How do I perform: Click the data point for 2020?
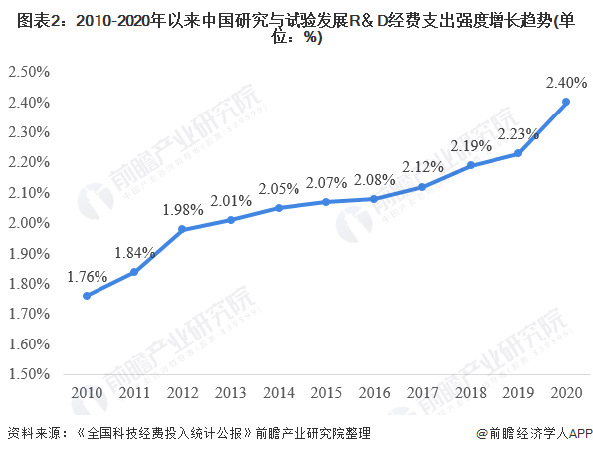pos(566,102)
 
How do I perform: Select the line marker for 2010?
pos(87,296)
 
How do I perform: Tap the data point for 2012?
pos(182,229)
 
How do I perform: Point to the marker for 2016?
pos(374,199)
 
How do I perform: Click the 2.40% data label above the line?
pos(566,82)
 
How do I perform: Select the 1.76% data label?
pos(87,277)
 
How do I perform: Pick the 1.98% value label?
pos(183,210)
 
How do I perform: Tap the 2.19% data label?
pos(471,146)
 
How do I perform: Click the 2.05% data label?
pos(279,189)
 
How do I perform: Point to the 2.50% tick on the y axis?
pos(29,72)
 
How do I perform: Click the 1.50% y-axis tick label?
pos(29,374)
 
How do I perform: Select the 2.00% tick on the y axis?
pos(29,223)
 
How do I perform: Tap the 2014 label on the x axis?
pos(279,393)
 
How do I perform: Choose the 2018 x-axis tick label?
pos(470,393)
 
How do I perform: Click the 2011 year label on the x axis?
pos(134,393)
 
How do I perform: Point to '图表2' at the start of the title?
pos(38,21)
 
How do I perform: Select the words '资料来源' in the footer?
pos(33,433)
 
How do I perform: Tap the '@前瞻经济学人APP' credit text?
pos(534,433)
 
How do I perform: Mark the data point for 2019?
pos(518,153)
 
